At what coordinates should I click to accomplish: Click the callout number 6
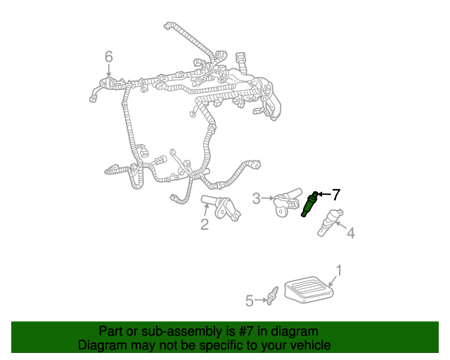[x=109, y=57]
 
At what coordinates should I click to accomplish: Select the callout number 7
[x=336, y=195]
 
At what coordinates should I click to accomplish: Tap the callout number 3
[x=256, y=198]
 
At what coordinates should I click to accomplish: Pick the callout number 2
[x=205, y=224]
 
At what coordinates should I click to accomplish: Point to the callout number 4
[x=351, y=233]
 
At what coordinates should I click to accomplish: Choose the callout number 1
[x=339, y=271]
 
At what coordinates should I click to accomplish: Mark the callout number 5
[x=250, y=301]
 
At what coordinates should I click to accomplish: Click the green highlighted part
[x=309, y=204]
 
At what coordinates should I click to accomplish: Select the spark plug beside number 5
[x=272, y=296]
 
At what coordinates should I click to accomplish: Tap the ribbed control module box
[x=309, y=290]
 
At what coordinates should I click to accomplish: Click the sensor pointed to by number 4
[x=330, y=222]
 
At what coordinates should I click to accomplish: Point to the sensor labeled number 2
[x=220, y=208]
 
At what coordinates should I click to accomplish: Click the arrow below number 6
[x=109, y=70]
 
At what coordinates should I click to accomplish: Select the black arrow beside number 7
[x=324, y=194]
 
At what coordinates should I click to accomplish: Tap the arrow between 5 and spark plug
[x=261, y=300]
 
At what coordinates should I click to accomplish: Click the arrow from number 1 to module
[x=333, y=281]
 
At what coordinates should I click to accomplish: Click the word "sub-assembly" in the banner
[x=181, y=332]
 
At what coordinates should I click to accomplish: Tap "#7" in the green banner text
[x=245, y=332]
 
